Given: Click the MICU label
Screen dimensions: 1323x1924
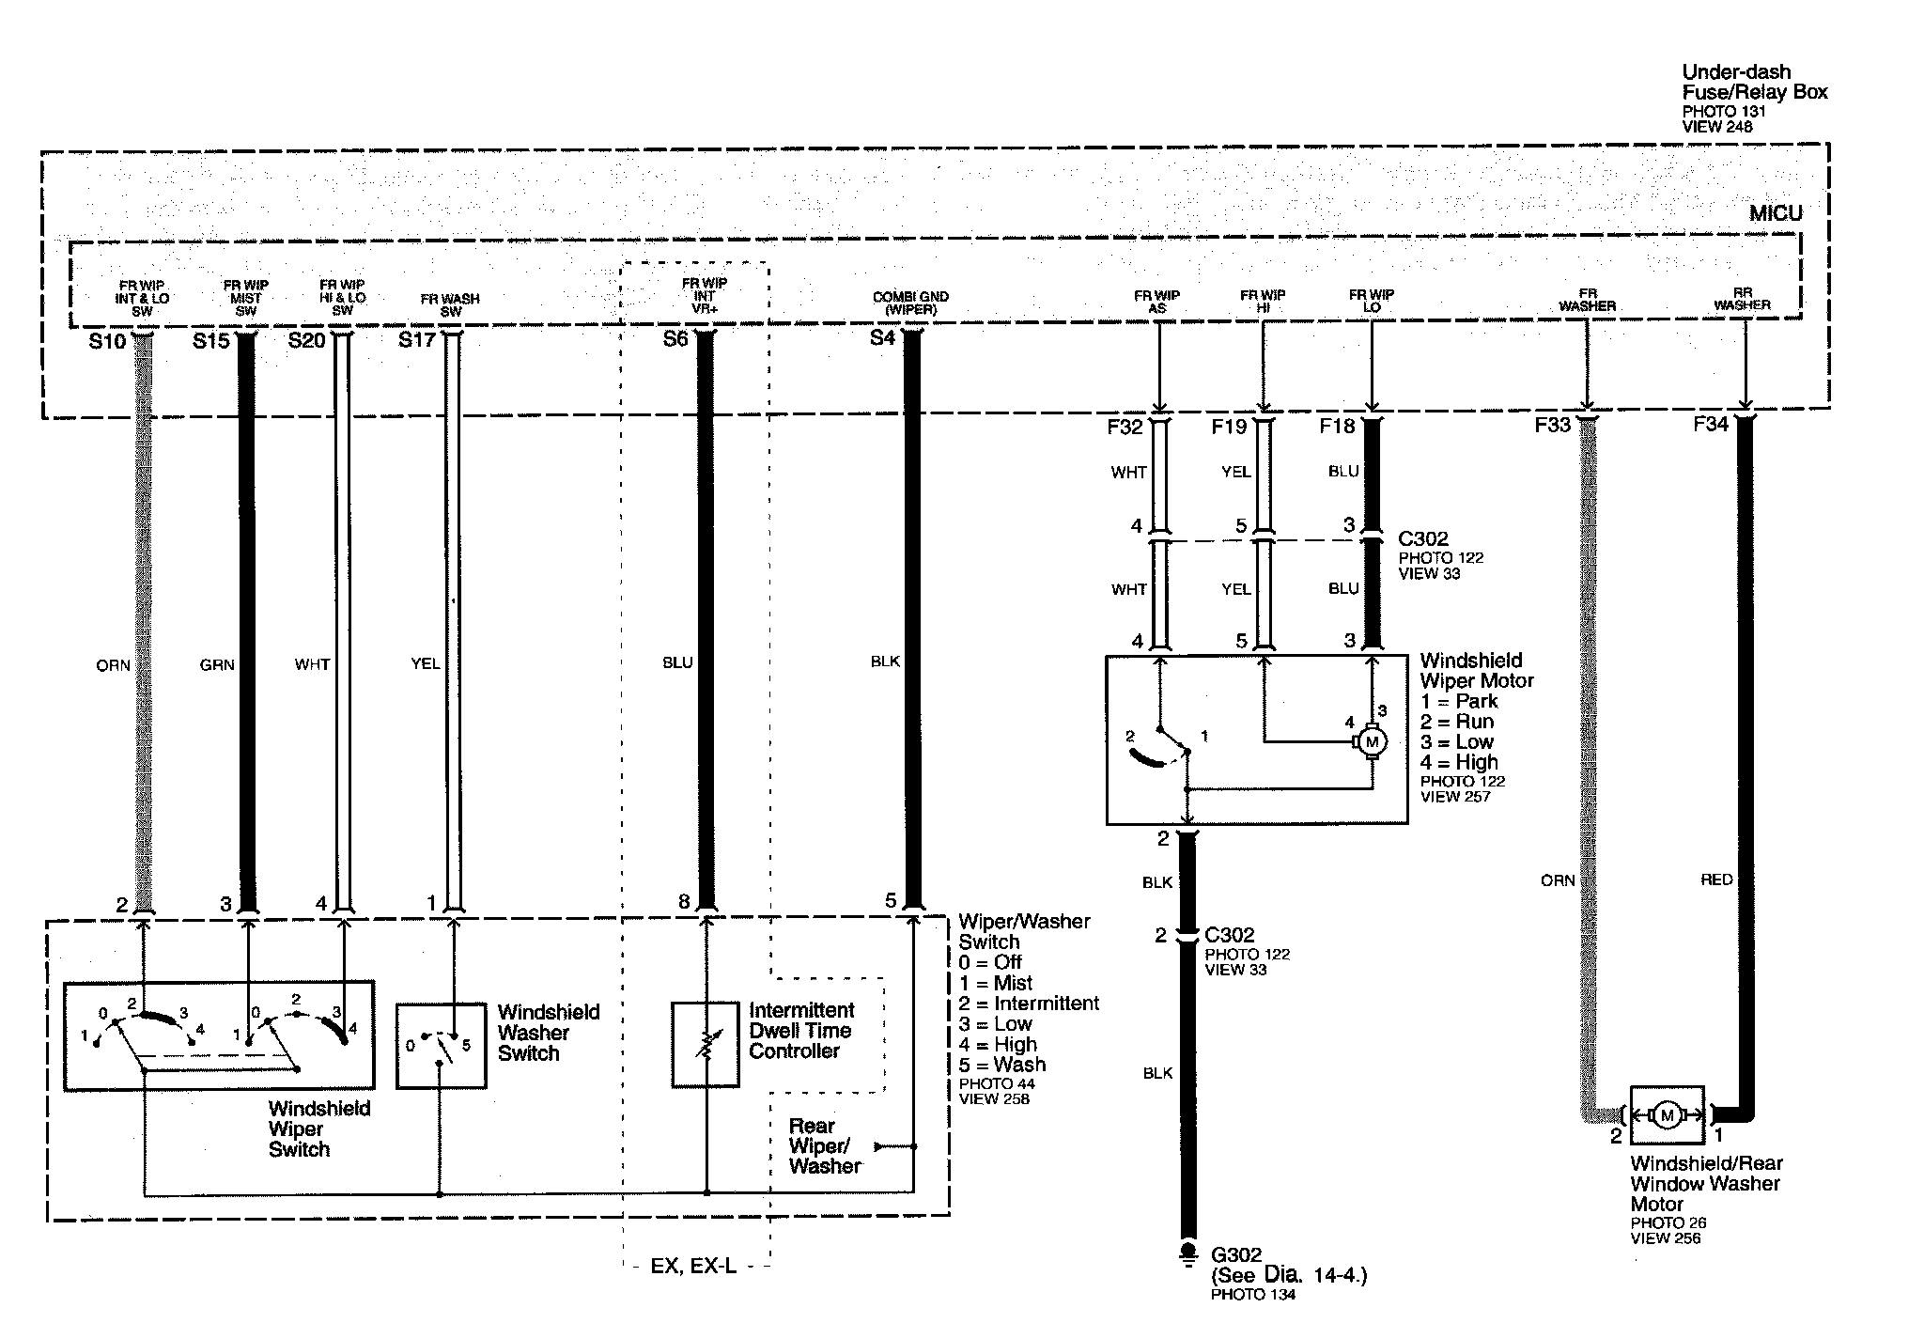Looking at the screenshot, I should point(1775,214).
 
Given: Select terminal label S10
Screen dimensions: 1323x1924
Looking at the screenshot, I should point(107,341).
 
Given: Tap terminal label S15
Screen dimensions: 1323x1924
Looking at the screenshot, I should point(211,341).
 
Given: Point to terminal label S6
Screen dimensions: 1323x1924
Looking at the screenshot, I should point(675,339).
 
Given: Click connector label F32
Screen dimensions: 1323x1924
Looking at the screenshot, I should point(1125,427).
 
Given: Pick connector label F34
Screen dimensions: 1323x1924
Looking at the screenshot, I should point(1711,425).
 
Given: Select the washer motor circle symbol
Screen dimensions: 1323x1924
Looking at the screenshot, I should point(1667,1115).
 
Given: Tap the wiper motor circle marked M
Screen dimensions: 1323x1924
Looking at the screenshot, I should point(1372,742).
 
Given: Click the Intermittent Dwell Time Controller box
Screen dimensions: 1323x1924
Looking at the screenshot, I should point(705,1045).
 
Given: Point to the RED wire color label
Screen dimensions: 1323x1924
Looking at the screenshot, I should point(1716,880).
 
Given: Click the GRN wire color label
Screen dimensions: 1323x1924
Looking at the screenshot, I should point(217,664).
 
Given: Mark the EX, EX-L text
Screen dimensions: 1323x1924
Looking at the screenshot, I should point(693,1267).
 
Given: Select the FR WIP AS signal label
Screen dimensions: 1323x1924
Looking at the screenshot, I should point(1156,301).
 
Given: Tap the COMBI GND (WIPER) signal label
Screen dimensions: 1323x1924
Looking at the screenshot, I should point(910,303).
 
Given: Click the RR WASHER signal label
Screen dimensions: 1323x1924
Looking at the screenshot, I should point(1742,299).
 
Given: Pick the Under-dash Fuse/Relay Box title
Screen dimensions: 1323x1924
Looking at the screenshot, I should point(1754,82).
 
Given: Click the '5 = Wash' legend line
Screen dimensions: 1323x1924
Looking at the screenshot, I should point(1002,1065).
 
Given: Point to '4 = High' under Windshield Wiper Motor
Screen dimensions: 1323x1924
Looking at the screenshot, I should point(1459,762).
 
